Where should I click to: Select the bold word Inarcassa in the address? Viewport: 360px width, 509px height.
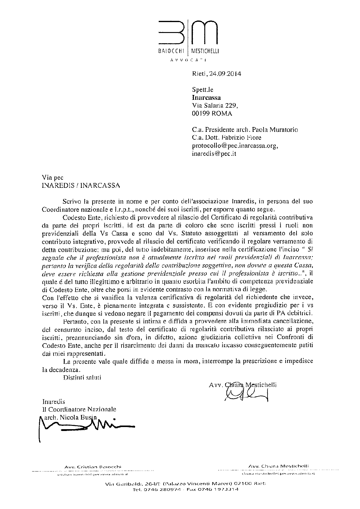coord(206,98)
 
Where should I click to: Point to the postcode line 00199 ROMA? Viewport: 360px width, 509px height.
coord(212,114)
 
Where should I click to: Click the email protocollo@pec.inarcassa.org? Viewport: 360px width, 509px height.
coord(235,146)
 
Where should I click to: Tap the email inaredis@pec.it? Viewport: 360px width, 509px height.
coord(214,154)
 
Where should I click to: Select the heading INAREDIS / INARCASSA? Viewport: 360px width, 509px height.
coord(81,186)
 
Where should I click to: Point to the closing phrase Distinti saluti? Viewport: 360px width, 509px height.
coord(82,377)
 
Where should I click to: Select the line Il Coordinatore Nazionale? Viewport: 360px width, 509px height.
coord(79,409)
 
